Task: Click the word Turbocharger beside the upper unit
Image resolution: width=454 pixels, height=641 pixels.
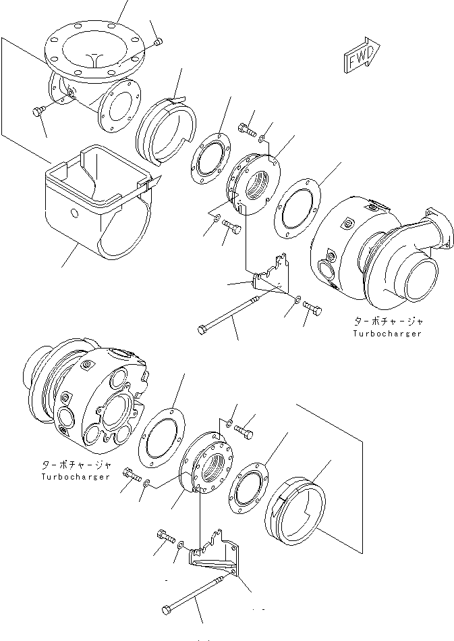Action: click(387, 334)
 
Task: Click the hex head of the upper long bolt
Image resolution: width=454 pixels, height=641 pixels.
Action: click(202, 329)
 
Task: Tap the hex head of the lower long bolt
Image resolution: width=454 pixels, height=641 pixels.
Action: click(167, 610)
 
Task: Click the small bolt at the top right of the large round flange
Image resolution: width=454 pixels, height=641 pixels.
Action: click(158, 43)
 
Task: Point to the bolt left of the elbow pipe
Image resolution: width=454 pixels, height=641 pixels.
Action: click(37, 112)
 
